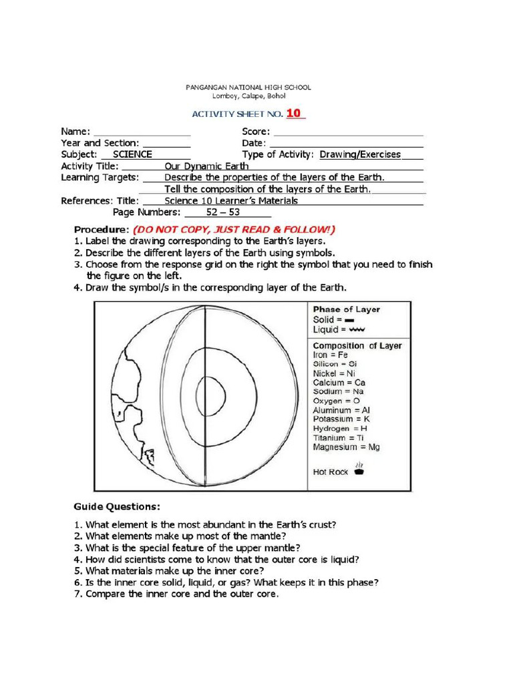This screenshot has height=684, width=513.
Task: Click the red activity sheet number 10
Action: [x=294, y=114]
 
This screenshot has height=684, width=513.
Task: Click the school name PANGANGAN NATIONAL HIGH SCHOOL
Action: [x=247, y=88]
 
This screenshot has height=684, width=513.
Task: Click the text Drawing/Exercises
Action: [x=360, y=154]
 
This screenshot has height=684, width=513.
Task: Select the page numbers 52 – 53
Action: [x=227, y=212]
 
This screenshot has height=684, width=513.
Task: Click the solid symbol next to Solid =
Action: [x=349, y=321]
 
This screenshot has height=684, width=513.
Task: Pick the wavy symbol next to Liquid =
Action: [x=355, y=330]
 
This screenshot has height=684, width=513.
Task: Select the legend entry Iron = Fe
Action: [x=331, y=355]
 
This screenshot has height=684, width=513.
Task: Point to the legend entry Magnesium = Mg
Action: [x=346, y=447]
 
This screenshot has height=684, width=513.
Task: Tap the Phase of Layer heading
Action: [x=347, y=309]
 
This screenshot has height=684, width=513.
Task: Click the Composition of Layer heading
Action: [x=357, y=346]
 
